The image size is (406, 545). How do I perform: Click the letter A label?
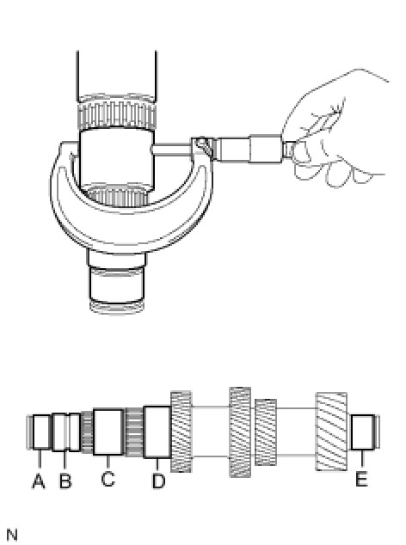[x=39, y=481]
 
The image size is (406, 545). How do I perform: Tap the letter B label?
[x=65, y=481]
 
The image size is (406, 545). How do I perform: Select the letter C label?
[x=108, y=478]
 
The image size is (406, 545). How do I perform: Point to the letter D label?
[x=158, y=481]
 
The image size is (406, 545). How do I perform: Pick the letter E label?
[x=361, y=479]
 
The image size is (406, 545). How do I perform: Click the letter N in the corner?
[x=12, y=535]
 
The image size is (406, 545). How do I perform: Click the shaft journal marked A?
[x=41, y=432]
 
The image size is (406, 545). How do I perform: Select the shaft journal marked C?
[x=108, y=432]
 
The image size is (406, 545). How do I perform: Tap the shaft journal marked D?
[x=157, y=432]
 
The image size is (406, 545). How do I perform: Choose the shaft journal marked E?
[x=362, y=432]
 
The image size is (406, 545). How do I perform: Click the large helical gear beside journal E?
[x=331, y=432]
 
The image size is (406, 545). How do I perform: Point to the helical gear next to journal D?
[x=181, y=432]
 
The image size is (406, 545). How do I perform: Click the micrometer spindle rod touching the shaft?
[x=172, y=149]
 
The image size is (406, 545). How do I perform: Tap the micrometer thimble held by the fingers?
[x=266, y=149]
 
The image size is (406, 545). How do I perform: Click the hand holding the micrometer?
[x=334, y=132]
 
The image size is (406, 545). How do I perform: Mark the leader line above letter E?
[x=362, y=458]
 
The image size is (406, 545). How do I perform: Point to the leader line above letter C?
[x=108, y=462]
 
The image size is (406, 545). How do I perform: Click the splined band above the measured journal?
[x=117, y=114]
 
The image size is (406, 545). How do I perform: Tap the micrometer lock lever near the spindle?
[x=202, y=145]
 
